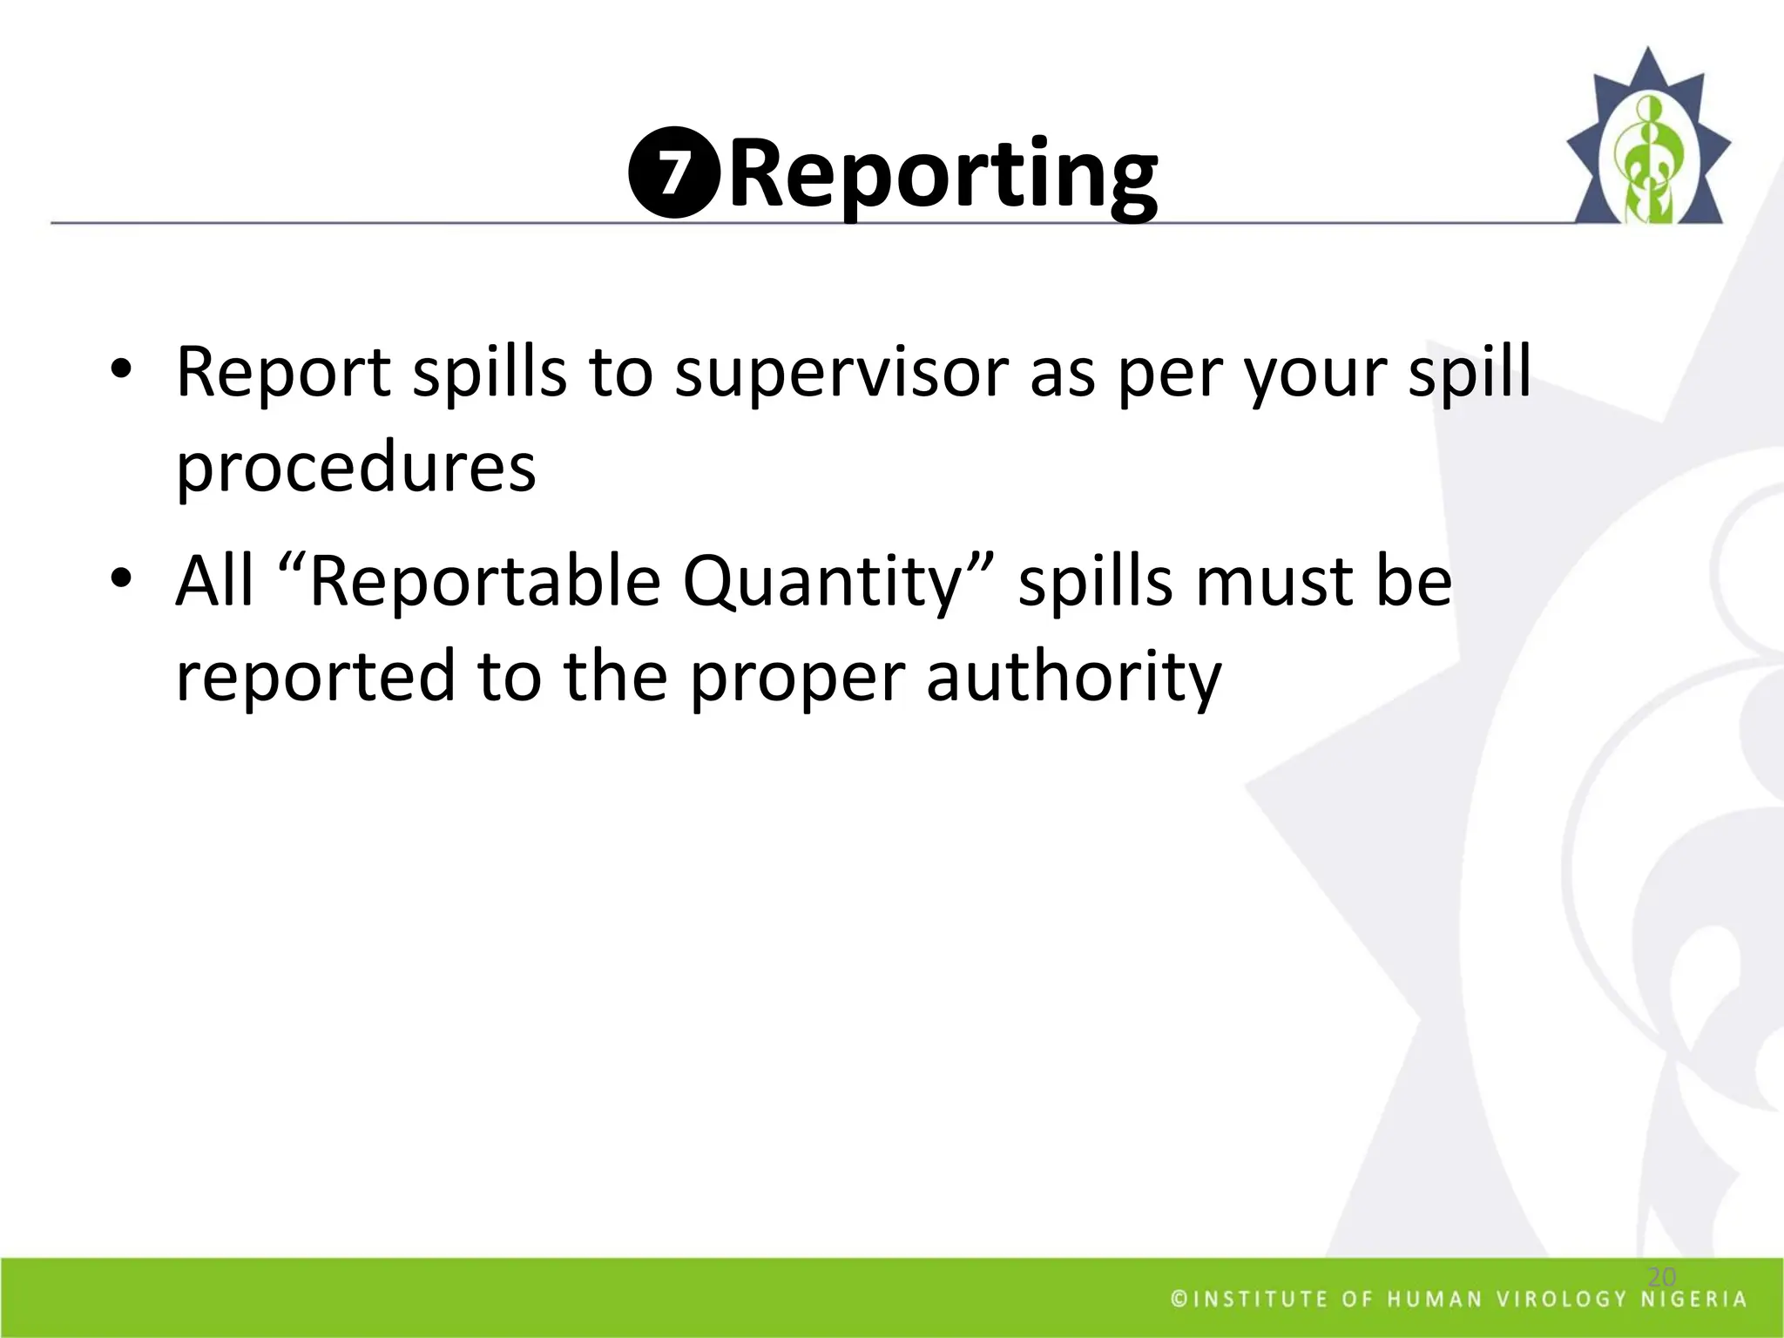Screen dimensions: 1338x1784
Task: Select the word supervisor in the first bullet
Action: (841, 373)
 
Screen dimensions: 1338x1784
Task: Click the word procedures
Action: (355, 469)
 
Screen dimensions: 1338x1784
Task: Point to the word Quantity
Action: (822, 582)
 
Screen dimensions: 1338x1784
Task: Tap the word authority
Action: (1073, 678)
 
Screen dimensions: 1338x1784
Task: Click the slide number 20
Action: (1662, 1277)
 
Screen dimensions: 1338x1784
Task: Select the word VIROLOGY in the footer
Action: (1561, 1300)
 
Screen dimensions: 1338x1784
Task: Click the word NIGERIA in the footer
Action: (1694, 1300)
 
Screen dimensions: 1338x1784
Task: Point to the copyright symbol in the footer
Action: (1179, 1300)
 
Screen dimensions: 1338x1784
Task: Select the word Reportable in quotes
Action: (484, 582)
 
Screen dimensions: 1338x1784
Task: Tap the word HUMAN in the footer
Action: (1435, 1300)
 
